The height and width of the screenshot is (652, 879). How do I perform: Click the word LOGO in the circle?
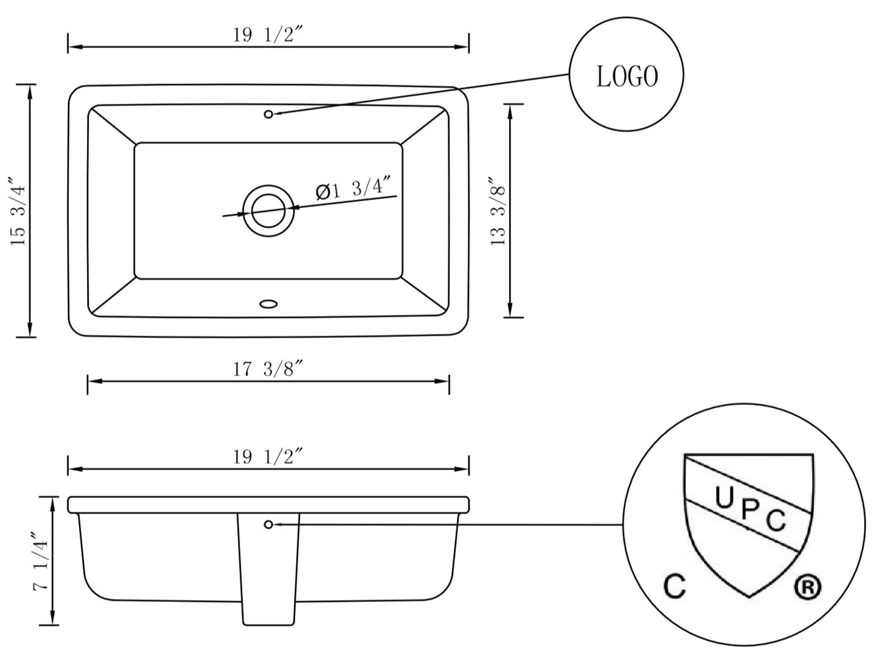(627, 77)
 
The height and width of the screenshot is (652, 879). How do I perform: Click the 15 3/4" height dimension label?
(18, 211)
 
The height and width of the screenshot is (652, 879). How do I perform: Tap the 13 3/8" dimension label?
(498, 211)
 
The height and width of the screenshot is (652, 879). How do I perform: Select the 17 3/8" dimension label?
(268, 369)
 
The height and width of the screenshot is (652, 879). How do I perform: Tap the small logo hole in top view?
(268, 114)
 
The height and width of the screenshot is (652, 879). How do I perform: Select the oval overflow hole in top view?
(268, 302)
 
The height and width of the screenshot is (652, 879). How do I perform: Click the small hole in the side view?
(268, 524)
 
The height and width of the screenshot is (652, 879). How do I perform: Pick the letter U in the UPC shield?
(724, 498)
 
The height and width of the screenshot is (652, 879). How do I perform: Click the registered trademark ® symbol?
(808, 587)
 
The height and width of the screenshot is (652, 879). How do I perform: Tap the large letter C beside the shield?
(675, 587)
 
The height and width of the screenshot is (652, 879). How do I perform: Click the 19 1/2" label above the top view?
(268, 35)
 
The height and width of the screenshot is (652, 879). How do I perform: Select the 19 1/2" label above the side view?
(268, 457)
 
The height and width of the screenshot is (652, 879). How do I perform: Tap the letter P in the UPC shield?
(749, 509)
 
